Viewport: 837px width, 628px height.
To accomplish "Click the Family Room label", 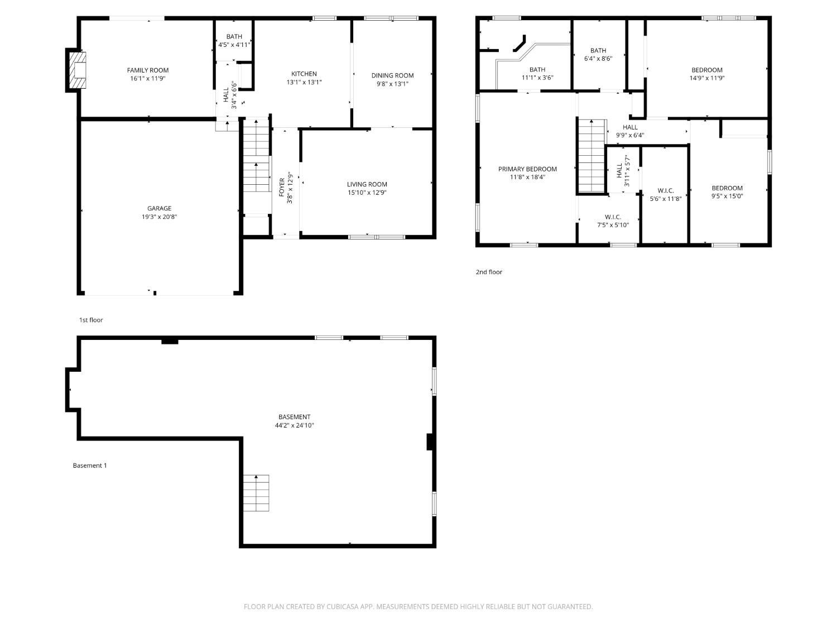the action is tap(147, 70).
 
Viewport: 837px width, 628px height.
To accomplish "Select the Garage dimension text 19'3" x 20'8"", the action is tap(160, 217).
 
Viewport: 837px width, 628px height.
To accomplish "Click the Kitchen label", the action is tap(304, 74).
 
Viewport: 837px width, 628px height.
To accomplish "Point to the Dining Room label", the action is tap(392, 75).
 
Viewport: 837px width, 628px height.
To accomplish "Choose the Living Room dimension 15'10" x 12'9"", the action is tap(367, 193).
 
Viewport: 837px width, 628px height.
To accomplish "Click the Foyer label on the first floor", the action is tap(282, 187).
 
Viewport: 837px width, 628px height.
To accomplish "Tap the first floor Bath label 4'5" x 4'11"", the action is tap(234, 40).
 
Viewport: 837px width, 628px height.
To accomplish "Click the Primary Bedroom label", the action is tap(527, 169).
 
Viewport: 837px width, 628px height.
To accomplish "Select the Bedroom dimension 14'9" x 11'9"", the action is tap(706, 78).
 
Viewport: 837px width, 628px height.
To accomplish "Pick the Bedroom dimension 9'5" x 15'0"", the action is tap(727, 196).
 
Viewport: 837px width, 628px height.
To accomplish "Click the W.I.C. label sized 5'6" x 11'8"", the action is tap(666, 194).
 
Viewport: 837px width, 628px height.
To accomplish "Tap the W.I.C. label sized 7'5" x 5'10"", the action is tap(613, 220).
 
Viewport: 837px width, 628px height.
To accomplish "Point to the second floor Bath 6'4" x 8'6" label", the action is tap(598, 55).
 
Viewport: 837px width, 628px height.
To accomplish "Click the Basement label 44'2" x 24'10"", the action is tap(295, 421).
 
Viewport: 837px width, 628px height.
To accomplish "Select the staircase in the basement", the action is tap(256, 493).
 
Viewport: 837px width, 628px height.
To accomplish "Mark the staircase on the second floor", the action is tap(592, 156).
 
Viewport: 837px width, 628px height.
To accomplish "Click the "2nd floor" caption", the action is tap(489, 272).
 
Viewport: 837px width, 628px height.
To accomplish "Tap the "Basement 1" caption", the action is tap(90, 465).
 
